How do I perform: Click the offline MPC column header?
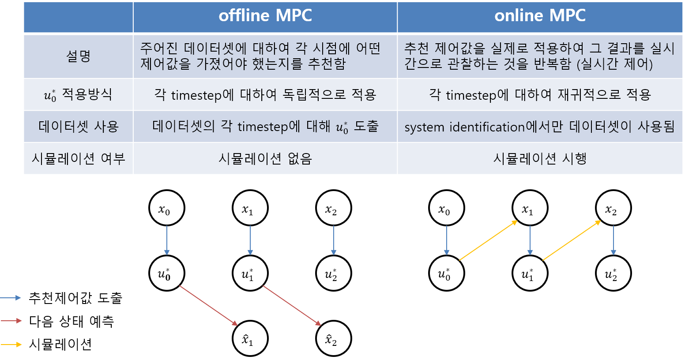pyautogui.click(x=265, y=16)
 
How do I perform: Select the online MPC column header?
pyautogui.click(x=540, y=16)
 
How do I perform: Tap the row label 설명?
pyautogui.click(x=78, y=56)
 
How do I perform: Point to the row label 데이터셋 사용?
pyautogui.click(x=78, y=127)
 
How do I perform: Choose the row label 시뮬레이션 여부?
pyautogui.click(x=78, y=158)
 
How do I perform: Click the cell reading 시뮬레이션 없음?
pyautogui.click(x=265, y=158)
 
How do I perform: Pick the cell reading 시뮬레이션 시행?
pyautogui.click(x=540, y=158)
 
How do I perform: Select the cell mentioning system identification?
pyautogui.click(x=540, y=127)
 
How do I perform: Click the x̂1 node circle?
pyautogui.click(x=250, y=339)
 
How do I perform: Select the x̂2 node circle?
pyautogui.click(x=333, y=339)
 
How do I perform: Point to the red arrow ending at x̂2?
pyautogui.click(x=292, y=306)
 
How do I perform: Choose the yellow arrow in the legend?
pyautogui.click(x=11, y=345)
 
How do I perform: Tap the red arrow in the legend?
pyautogui.click(x=11, y=321)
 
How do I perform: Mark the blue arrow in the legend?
pyautogui.click(x=11, y=298)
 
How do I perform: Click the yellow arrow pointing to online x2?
pyautogui.click(x=572, y=240)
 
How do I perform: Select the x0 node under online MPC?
pyautogui.click(x=447, y=208)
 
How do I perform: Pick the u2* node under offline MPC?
pyautogui.click(x=333, y=274)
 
